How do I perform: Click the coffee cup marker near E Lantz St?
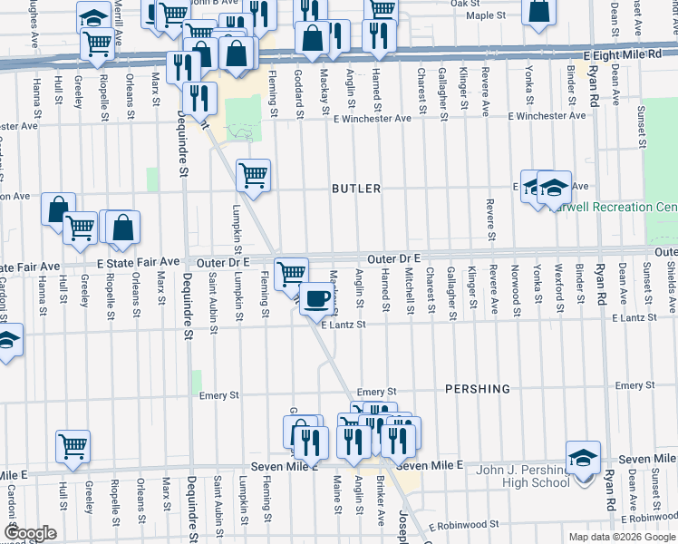(316, 298)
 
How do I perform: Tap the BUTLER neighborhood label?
(355, 189)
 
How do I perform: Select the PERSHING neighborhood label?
(477, 388)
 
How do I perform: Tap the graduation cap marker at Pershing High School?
(583, 456)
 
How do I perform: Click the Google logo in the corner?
(29, 533)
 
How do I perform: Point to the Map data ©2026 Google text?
(622, 537)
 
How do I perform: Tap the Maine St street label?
(336, 495)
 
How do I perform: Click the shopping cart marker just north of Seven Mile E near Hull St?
(73, 445)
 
